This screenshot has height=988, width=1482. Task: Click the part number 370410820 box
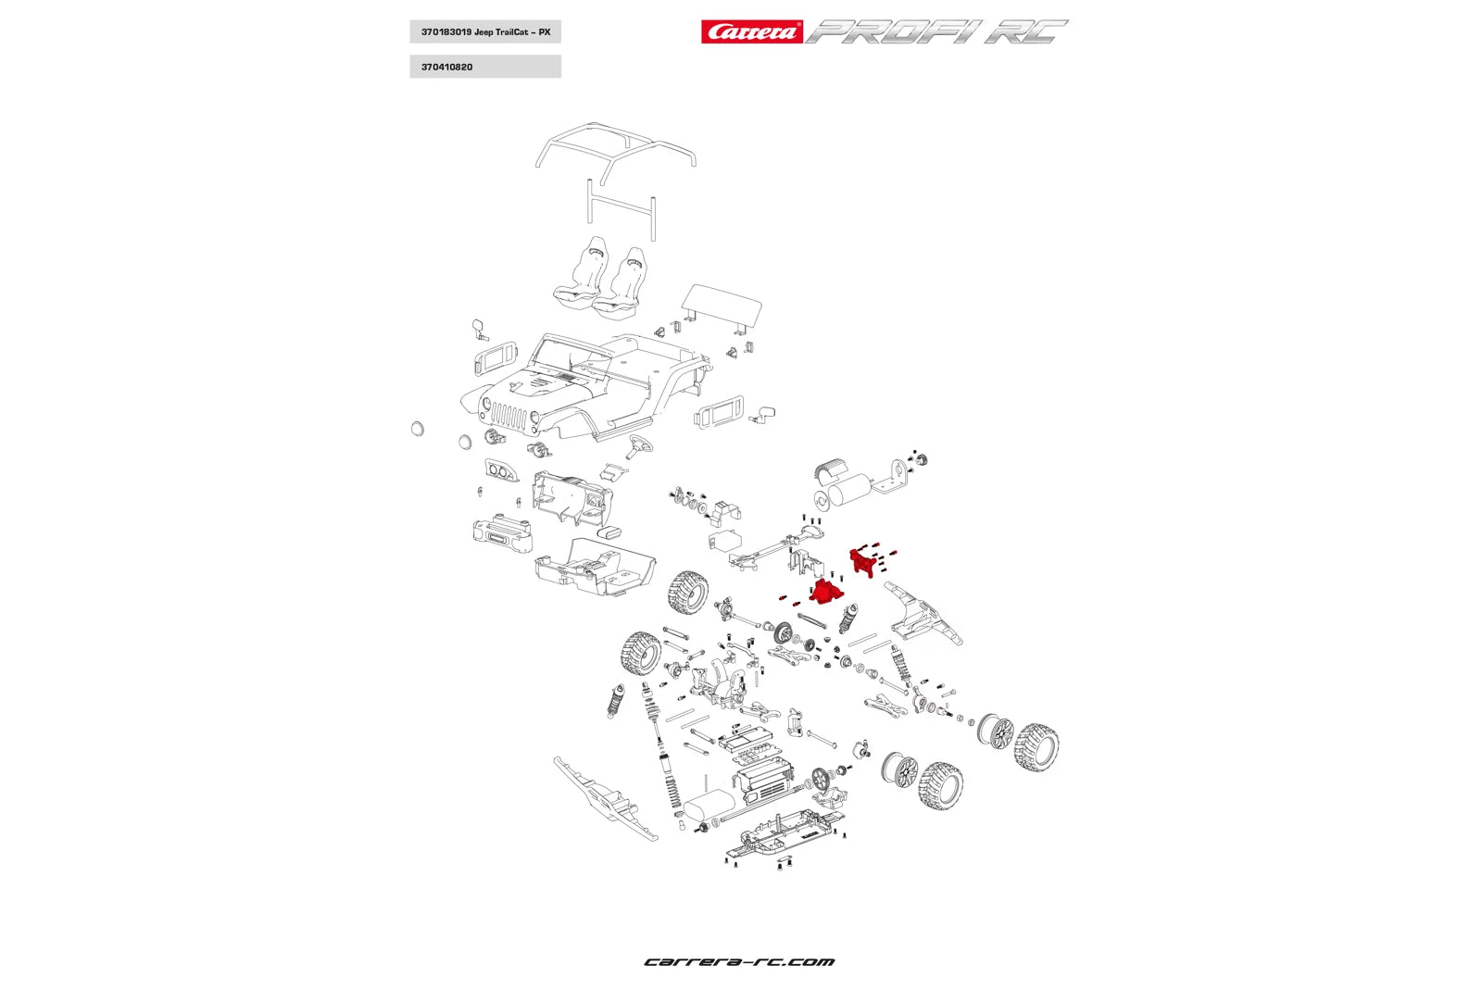point(484,67)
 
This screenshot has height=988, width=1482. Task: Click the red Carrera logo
point(751,32)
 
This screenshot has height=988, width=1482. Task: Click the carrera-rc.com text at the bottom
point(739,962)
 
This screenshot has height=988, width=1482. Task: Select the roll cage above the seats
point(616,148)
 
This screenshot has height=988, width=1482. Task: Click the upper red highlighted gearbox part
point(864,562)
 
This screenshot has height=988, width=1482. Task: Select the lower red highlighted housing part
point(826,590)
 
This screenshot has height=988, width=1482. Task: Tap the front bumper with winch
point(502,535)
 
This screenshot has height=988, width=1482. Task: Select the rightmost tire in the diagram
point(1036,748)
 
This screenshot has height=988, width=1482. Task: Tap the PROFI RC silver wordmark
point(936,32)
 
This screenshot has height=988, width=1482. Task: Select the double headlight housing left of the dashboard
point(501,471)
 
